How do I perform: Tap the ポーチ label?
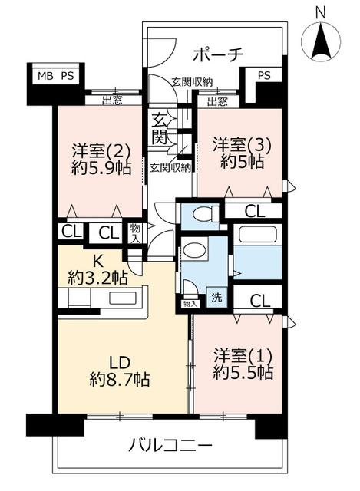[x=218, y=54]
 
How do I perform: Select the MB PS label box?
[x=56, y=76]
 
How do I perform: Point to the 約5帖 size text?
[x=242, y=162]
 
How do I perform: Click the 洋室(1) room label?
[x=243, y=356]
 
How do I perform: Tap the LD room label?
[x=119, y=363]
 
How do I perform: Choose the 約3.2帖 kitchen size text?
[x=97, y=277]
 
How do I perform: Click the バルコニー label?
[x=170, y=445]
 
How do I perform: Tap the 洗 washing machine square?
[x=216, y=297]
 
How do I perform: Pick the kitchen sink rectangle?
[x=123, y=298]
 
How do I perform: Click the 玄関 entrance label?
[x=160, y=129]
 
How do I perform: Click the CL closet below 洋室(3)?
[x=255, y=212]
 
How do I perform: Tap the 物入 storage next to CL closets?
[x=136, y=233]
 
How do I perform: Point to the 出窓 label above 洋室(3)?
[x=217, y=101]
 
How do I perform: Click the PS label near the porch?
[x=264, y=76]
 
